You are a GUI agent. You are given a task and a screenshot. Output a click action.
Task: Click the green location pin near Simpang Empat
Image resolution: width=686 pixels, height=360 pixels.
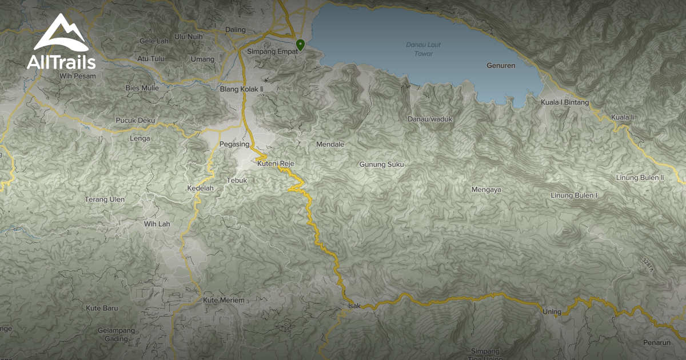point(300,44)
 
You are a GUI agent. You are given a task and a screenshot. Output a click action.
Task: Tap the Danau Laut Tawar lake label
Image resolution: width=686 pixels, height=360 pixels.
point(423,49)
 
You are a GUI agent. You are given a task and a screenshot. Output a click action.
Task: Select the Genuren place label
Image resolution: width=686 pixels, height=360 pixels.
point(501,66)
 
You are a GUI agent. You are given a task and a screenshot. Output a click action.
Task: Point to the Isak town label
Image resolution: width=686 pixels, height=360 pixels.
point(354,306)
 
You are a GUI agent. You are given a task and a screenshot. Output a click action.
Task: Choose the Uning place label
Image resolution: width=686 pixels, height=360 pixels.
point(552,311)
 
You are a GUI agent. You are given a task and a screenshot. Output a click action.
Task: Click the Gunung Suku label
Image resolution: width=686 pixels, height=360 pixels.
point(381,165)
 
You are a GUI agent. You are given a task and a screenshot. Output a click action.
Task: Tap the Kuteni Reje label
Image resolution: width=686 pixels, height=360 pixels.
point(276,164)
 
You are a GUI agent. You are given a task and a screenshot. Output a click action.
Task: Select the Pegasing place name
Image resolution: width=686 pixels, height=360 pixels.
point(234,145)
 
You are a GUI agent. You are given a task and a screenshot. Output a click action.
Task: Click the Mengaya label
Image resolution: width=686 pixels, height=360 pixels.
point(486,190)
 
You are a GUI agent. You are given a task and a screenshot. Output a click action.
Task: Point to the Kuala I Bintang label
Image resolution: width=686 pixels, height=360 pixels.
point(565,103)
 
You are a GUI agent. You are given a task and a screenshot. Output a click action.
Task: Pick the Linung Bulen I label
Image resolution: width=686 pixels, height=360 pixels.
point(573,195)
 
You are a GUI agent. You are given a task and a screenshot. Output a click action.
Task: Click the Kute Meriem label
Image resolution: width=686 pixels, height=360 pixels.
point(224,301)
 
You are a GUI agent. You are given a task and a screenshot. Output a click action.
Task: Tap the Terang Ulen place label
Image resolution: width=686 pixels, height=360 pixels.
point(105,199)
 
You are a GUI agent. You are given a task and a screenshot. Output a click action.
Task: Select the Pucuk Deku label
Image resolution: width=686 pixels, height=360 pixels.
point(135,121)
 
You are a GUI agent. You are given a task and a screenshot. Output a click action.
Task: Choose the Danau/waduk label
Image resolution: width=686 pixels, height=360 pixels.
point(430,119)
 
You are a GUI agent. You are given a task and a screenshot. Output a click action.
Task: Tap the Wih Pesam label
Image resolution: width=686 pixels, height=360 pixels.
point(77,75)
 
